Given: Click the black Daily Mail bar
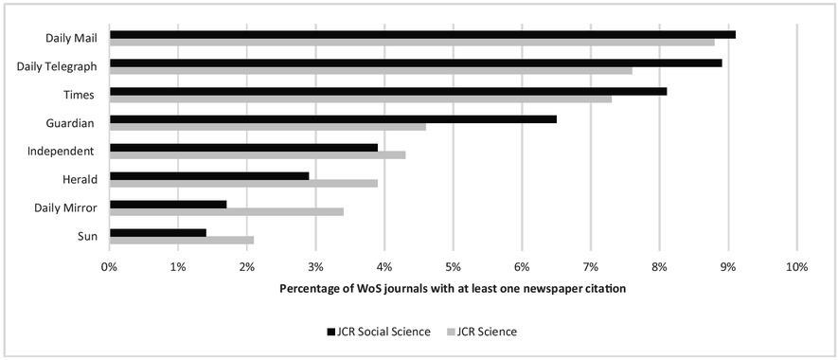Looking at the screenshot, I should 422,35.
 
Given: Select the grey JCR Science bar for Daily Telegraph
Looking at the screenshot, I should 370,70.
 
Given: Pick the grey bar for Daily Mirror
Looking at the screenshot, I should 226,211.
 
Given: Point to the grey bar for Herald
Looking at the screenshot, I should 243,184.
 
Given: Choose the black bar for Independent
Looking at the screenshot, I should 243,148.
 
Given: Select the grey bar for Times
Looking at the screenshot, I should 361,99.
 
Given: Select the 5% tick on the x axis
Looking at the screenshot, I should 454,267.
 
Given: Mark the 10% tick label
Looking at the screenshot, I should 796,267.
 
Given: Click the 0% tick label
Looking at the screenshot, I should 110,267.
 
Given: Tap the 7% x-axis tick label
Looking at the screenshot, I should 591,267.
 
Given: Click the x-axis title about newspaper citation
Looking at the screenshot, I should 453,288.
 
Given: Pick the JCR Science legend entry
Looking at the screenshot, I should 489,332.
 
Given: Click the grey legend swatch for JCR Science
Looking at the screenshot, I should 452,332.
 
